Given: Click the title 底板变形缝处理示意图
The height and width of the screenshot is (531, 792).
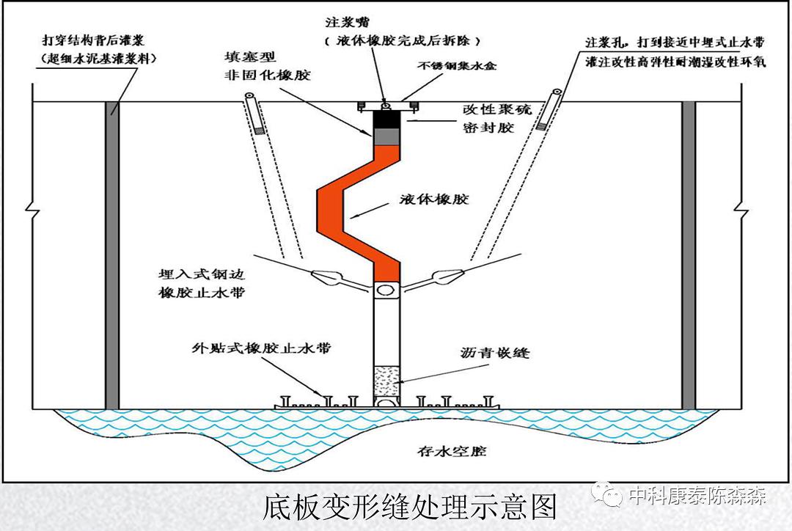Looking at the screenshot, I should click(411, 507).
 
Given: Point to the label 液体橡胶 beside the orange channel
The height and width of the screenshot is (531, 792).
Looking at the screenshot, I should click(435, 199).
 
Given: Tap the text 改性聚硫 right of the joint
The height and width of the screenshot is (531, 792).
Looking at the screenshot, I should click(496, 110).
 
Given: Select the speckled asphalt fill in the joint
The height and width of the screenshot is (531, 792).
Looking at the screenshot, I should click(386, 380).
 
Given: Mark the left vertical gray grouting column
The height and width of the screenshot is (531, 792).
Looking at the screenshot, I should click(112, 253).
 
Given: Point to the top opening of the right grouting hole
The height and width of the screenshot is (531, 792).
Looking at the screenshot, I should click(557, 93).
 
